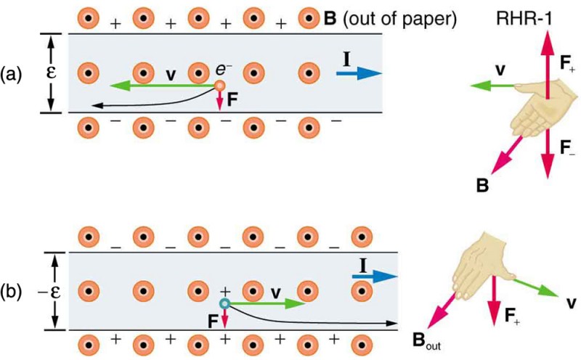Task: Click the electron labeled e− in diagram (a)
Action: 219,86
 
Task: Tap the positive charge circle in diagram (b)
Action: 225,303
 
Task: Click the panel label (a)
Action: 14,73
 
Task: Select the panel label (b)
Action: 14,292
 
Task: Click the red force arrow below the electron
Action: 219,102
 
